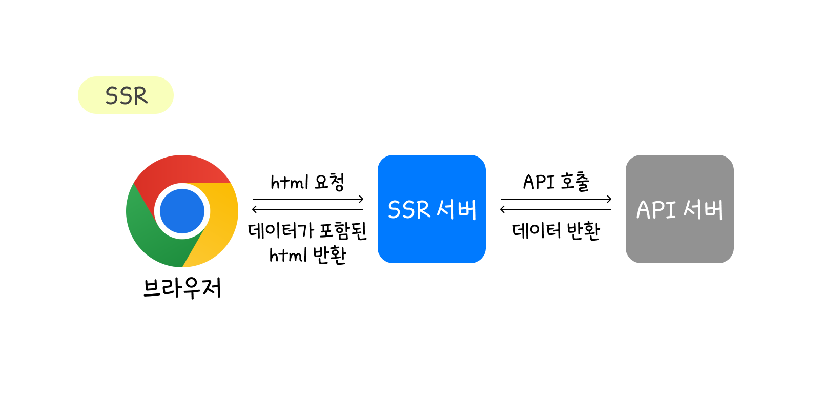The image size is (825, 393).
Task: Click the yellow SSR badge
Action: (x=126, y=95)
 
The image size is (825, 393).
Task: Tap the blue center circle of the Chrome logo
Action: (x=182, y=211)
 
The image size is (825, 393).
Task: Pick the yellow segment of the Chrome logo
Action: (x=220, y=221)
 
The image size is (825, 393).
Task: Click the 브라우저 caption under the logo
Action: (x=182, y=288)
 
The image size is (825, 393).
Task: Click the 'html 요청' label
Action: (x=307, y=182)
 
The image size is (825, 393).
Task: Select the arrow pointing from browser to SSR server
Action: (x=307, y=199)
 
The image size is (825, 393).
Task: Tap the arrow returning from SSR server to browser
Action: (x=307, y=209)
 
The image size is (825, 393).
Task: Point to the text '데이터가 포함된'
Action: (x=307, y=230)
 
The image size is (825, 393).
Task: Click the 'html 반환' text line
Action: (x=307, y=255)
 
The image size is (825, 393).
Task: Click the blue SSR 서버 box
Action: (x=431, y=241)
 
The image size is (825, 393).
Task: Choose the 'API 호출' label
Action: (x=556, y=182)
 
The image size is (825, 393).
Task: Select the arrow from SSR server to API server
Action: (x=556, y=199)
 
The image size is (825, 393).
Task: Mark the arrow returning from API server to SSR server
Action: (x=556, y=209)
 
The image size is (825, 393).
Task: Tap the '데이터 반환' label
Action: (x=556, y=231)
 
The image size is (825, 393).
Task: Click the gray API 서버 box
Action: (x=679, y=241)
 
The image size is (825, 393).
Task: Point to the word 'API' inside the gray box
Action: (x=656, y=210)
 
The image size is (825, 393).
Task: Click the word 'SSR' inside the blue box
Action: (x=408, y=210)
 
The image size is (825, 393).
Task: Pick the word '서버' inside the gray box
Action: (x=703, y=210)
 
